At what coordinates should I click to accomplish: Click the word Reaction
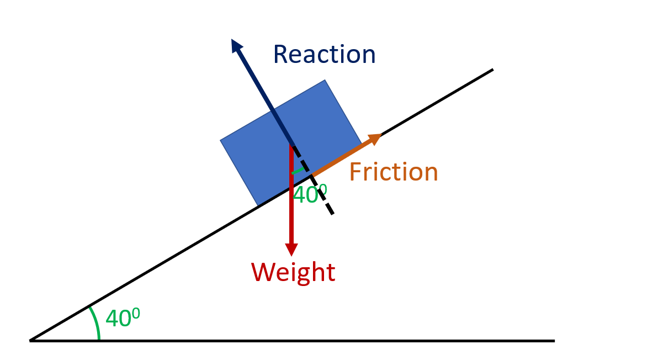point(324,55)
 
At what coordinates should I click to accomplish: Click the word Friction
point(394,172)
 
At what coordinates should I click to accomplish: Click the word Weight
point(293,272)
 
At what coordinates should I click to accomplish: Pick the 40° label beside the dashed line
point(309,194)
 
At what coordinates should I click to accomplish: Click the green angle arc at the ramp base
point(96,323)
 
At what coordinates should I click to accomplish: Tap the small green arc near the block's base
point(298,171)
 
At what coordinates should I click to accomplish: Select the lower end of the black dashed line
point(333,214)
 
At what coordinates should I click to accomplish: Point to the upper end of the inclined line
point(492,70)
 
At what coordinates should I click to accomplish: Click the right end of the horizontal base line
point(553,341)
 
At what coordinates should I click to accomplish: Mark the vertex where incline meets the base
point(30,340)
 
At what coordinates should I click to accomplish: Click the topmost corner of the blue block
point(325,81)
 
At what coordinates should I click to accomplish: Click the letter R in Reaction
point(281,55)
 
